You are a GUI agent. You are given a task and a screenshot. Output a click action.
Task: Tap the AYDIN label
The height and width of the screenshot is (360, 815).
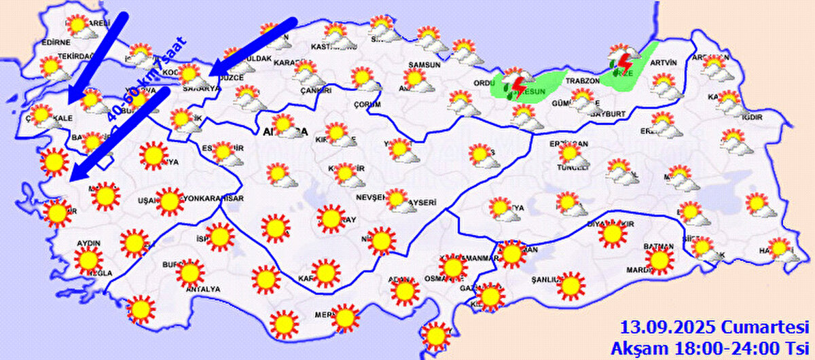point(89,243)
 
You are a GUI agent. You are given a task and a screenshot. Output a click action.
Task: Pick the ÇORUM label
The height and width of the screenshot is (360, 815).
point(367,104)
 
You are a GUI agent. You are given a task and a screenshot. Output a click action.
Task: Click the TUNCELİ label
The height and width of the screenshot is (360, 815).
point(571,167)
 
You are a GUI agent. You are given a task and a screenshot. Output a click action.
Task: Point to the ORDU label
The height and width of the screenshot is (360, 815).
point(485,84)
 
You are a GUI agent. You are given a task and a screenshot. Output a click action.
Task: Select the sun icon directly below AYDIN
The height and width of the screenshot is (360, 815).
point(88,260)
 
